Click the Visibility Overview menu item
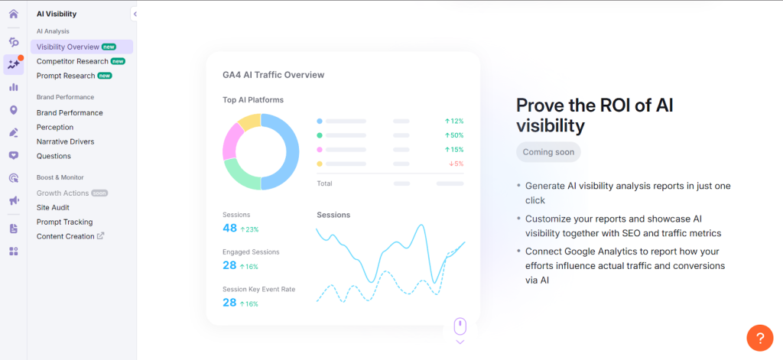tap(68, 47)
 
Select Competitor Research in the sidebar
tap(72, 61)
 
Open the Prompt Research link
tap(66, 76)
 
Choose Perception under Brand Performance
tap(55, 127)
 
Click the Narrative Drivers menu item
tap(65, 141)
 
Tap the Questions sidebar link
tap(54, 156)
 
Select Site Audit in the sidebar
tap(54, 207)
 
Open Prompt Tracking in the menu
tap(64, 222)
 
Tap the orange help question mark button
tap(759, 337)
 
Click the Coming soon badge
tap(548, 152)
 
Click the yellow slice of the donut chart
tap(249, 122)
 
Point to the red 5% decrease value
tap(456, 164)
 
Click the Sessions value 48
tap(229, 229)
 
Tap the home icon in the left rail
tap(13, 14)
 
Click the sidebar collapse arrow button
tap(135, 14)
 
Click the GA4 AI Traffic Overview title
tap(273, 75)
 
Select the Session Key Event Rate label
tap(258, 289)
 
